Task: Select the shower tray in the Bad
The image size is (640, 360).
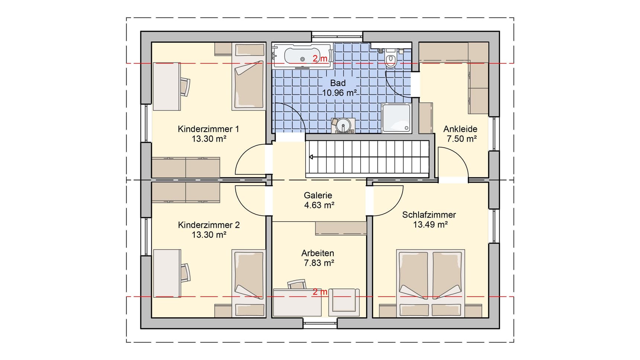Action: (x=396, y=118)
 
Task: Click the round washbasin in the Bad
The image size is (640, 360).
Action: (x=343, y=126)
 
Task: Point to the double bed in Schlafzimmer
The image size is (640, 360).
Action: (x=431, y=283)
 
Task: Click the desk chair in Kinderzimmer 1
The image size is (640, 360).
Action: (x=185, y=87)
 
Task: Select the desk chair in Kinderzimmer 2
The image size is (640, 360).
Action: (x=185, y=272)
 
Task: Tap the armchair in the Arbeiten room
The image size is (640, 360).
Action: (x=344, y=301)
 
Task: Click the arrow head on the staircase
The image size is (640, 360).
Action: (x=311, y=157)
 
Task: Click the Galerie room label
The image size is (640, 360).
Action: (x=318, y=195)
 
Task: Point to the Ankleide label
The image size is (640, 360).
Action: (x=460, y=129)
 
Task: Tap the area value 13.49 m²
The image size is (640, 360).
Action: (x=430, y=225)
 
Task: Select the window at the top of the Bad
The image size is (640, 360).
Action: (x=337, y=36)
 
